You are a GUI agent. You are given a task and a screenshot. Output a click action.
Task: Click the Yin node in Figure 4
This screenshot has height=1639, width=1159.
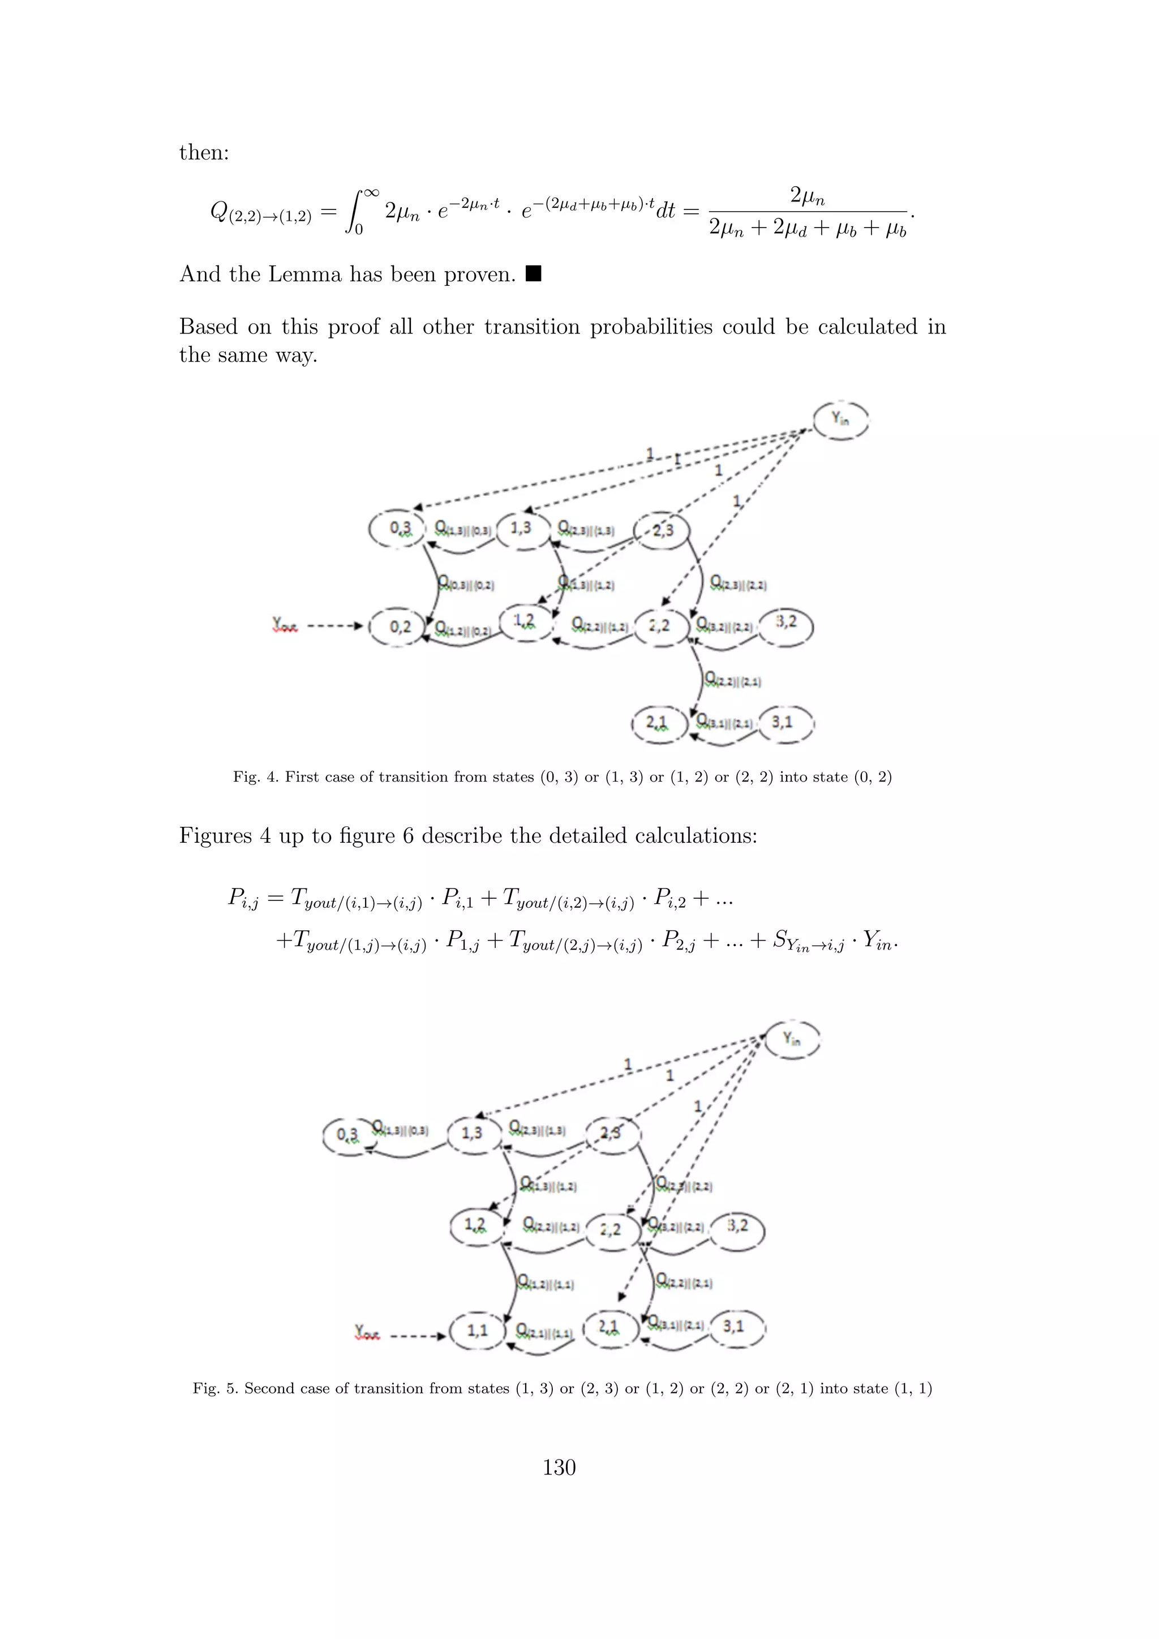(842, 421)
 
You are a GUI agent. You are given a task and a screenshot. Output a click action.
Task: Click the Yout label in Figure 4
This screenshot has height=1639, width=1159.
(285, 626)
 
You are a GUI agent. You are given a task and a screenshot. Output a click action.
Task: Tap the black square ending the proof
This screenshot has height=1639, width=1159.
(533, 273)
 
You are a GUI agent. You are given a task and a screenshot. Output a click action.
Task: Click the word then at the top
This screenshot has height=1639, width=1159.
(203, 152)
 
